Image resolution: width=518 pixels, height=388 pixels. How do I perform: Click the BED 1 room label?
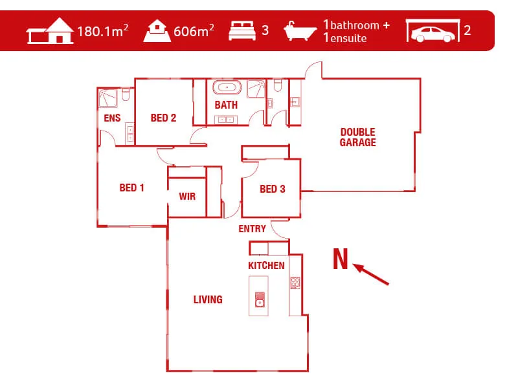[x=131, y=188]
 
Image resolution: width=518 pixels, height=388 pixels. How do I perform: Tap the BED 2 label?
[x=163, y=118]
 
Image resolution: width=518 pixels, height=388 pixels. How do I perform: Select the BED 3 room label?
[x=272, y=189]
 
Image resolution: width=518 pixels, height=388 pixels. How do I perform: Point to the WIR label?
[x=187, y=197]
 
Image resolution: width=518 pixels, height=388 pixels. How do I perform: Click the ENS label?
[x=112, y=118]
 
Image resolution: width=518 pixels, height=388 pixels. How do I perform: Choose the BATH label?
[x=226, y=105]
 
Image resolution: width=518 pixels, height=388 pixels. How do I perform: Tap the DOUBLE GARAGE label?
[x=357, y=137]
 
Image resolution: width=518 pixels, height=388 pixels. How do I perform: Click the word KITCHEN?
[x=266, y=266]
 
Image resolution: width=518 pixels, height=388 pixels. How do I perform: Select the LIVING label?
[x=208, y=299]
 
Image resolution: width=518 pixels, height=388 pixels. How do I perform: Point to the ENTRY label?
[x=252, y=229]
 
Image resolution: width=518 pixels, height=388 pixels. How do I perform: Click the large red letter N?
[x=341, y=259]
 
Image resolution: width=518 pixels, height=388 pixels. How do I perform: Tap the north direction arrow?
[x=372, y=274]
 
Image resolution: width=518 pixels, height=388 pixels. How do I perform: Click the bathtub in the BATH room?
[x=227, y=87]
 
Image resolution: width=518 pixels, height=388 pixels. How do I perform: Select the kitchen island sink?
[x=260, y=301]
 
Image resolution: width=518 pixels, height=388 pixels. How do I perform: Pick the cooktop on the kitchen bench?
[x=295, y=282]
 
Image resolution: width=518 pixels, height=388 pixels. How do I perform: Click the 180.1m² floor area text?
[x=102, y=30]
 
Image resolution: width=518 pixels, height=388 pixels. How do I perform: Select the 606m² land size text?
[x=194, y=30]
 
